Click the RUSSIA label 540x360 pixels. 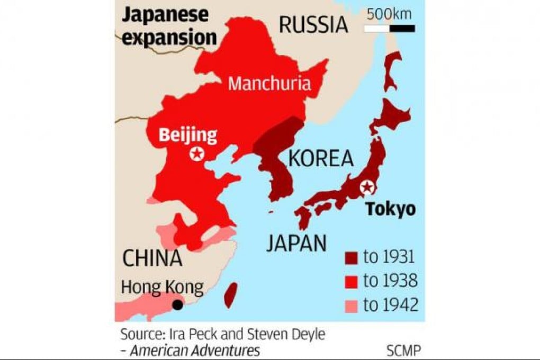click(313, 24)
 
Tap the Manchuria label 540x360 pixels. click(269, 84)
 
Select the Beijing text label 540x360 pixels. click(188, 135)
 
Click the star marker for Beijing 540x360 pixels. click(197, 154)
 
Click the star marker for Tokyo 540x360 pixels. click(366, 187)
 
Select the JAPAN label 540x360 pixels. click(296, 243)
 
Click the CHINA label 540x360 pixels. click(152, 258)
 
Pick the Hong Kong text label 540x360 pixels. click(162, 287)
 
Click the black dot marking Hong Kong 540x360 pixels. click(178, 304)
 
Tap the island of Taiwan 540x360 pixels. click(231, 295)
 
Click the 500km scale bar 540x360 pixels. click(390, 29)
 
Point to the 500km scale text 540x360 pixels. click(390, 14)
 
